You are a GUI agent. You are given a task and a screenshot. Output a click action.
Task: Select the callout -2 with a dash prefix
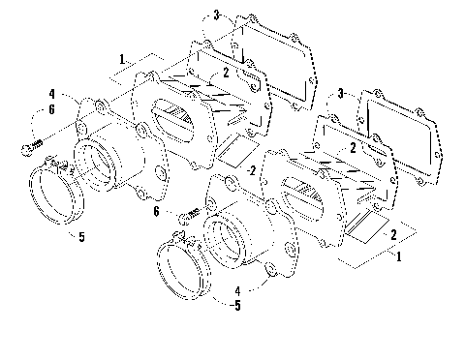pos(250,171)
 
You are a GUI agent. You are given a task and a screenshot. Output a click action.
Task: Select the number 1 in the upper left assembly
pos(120,60)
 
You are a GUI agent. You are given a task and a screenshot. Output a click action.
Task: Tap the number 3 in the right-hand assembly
pos(340,93)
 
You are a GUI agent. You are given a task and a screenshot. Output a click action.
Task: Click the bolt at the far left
pos(30,147)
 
